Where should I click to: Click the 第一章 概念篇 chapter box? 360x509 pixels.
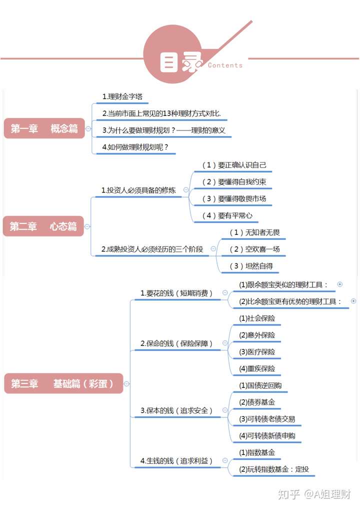44,128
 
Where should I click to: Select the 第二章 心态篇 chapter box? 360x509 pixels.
43,226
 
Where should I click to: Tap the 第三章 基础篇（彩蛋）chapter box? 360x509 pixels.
63,383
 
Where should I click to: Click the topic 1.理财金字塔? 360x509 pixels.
122,96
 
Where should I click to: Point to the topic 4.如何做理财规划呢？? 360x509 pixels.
135,147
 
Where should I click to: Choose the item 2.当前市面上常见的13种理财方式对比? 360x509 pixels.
161,113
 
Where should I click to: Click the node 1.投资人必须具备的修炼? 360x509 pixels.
138,190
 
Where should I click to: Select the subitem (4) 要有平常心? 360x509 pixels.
227,215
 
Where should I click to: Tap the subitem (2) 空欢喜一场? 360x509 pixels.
255,249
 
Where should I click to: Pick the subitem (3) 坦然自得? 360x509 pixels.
251,266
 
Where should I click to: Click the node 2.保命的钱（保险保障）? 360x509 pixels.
176,343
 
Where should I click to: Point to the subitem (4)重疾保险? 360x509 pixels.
257,369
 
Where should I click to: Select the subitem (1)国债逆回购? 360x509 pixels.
260,385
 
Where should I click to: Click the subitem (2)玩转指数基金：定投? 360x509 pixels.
274,469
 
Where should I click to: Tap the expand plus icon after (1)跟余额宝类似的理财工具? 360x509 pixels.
340,284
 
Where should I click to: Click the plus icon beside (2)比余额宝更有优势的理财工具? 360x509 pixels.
353,301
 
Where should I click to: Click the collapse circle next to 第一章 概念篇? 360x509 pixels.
88,129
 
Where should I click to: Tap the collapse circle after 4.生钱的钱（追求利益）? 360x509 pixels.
225,460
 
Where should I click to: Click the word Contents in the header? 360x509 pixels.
225,65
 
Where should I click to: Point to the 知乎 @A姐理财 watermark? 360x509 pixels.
314,494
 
